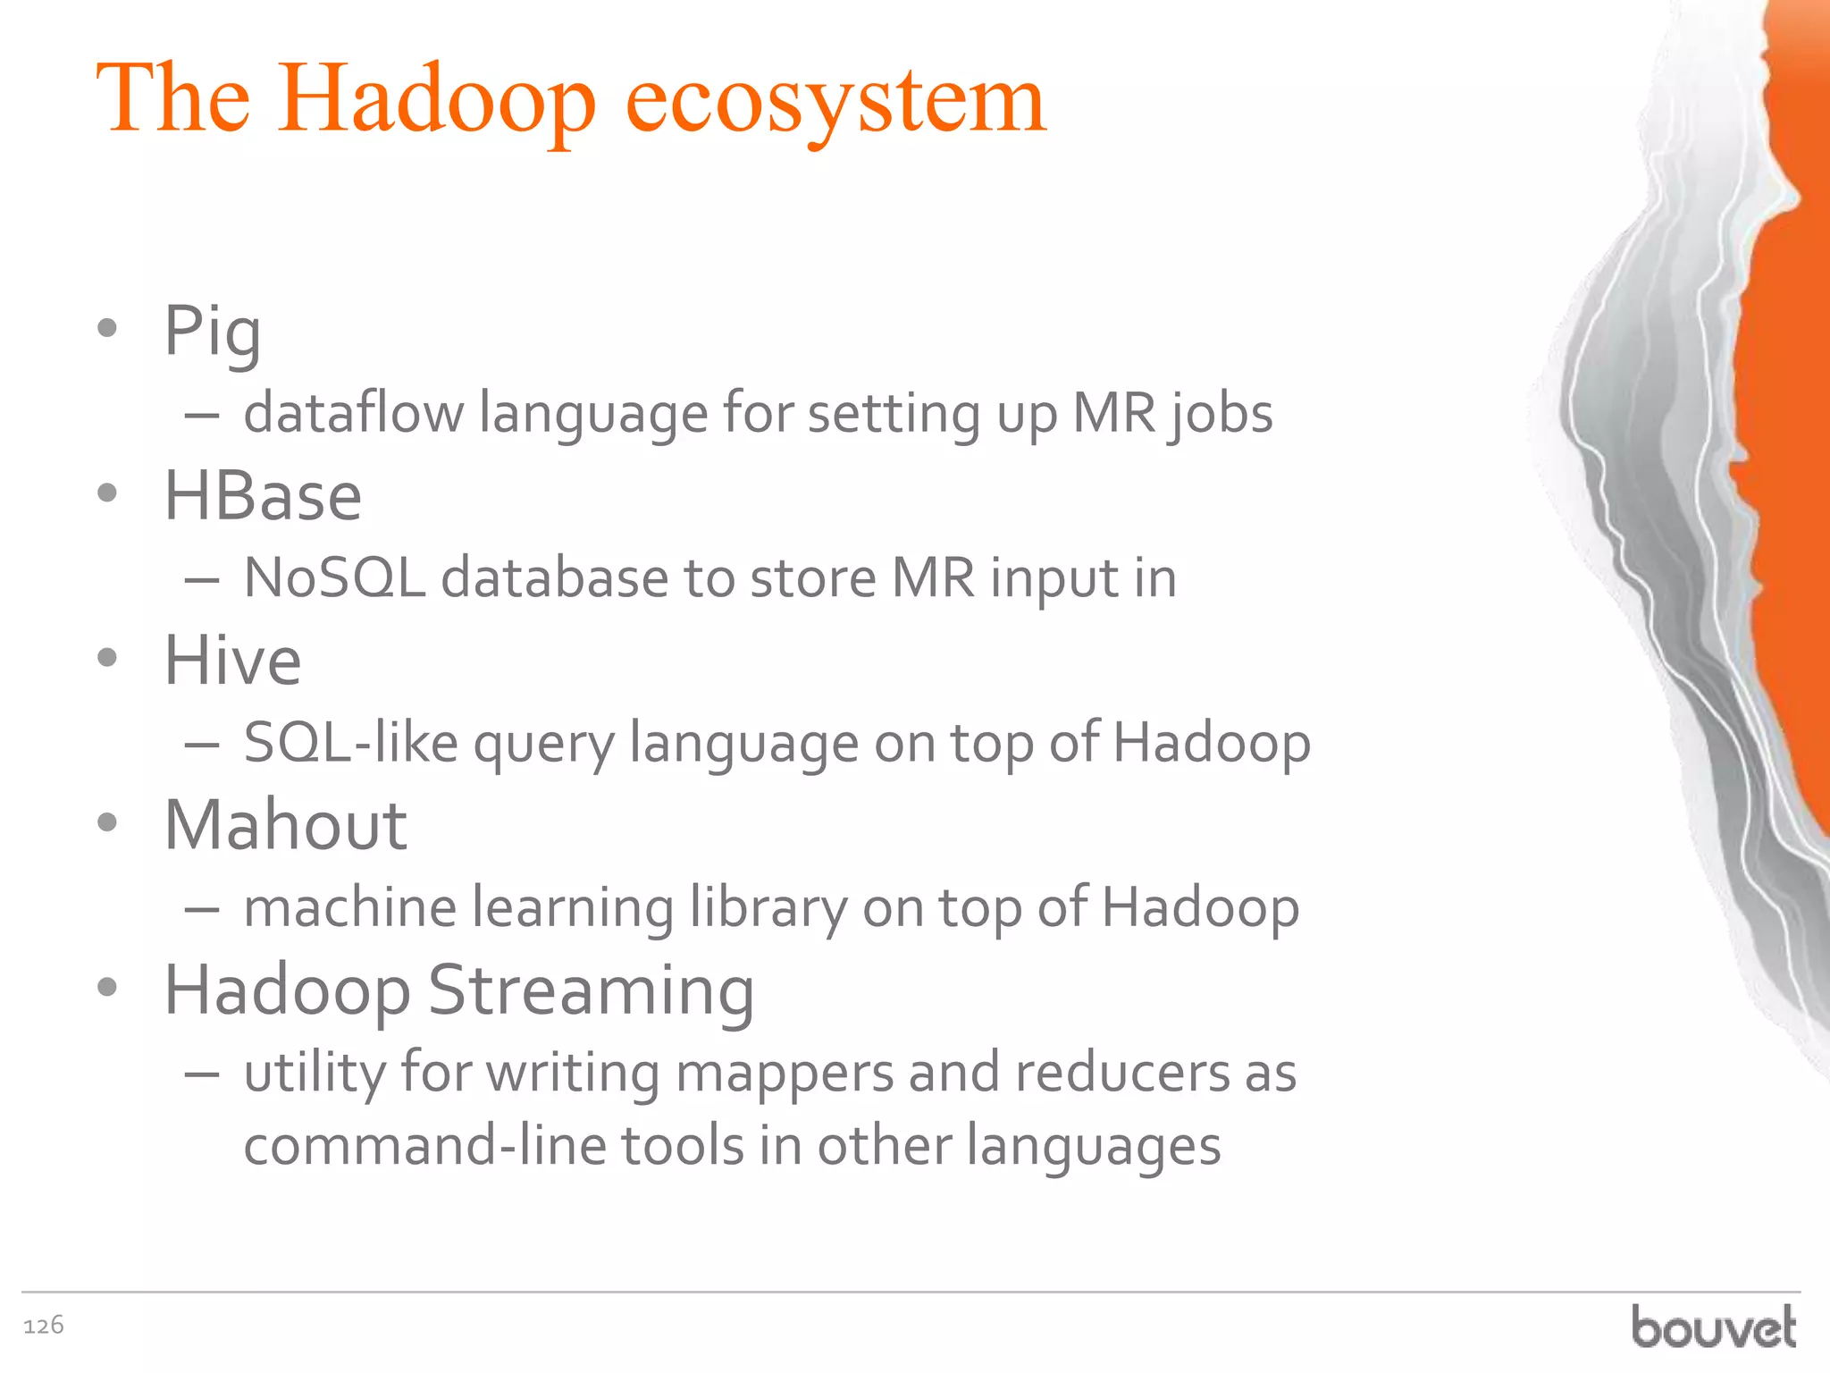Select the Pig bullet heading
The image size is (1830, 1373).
pyautogui.click(x=213, y=331)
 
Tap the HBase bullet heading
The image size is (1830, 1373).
pyautogui.click(x=263, y=496)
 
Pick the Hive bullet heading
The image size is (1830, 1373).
pyautogui.click(x=232, y=661)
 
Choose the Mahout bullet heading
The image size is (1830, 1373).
pyautogui.click(x=285, y=825)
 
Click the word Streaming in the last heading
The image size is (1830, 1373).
pyautogui.click(x=592, y=990)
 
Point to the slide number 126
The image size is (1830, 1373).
pyautogui.click(x=44, y=1325)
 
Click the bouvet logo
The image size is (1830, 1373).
pyautogui.click(x=1713, y=1327)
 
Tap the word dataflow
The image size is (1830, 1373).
pyautogui.click(x=354, y=413)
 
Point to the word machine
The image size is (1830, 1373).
pyautogui.click(x=350, y=907)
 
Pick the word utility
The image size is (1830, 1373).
pyautogui.click(x=315, y=1073)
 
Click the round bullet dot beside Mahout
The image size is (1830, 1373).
pyautogui.click(x=107, y=822)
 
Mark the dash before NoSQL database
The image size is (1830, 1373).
pyautogui.click(x=202, y=581)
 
